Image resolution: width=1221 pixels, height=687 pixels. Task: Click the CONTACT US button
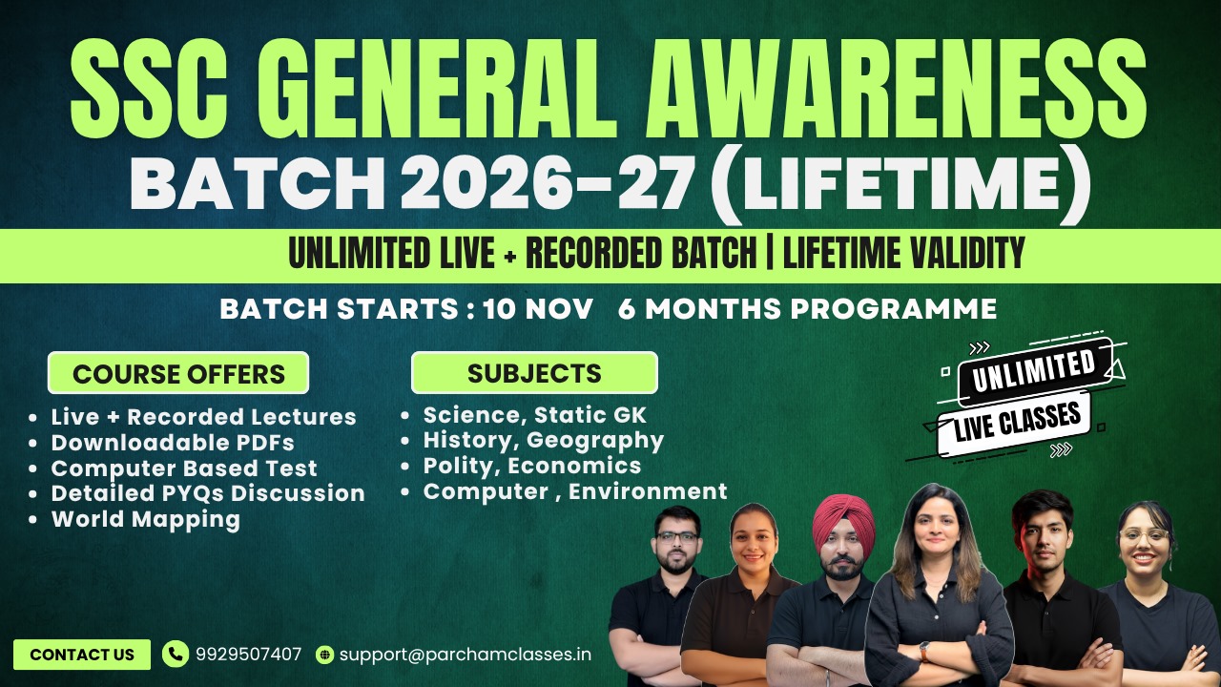[x=82, y=655]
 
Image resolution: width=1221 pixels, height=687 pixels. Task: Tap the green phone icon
[x=176, y=654]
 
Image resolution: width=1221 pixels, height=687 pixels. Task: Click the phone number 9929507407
[x=248, y=655]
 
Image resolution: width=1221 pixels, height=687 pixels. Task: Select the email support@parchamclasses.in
[x=466, y=655]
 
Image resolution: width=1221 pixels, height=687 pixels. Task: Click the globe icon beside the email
[x=325, y=655]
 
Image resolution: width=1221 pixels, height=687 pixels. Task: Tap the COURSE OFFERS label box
[x=178, y=373]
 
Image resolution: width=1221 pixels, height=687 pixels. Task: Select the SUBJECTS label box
[x=534, y=373]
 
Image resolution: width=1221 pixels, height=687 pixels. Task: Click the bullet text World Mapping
[x=145, y=519]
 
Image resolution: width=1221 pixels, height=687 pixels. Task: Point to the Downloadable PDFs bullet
[x=173, y=443]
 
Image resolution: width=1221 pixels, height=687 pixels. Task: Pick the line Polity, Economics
[x=532, y=466]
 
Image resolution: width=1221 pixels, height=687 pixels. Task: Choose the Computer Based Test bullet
[x=184, y=468]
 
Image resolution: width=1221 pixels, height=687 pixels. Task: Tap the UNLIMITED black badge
[x=1033, y=370]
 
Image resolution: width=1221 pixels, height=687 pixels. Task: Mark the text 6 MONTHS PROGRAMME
[x=807, y=309]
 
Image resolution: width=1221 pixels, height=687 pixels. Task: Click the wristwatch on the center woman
[x=923, y=651]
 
